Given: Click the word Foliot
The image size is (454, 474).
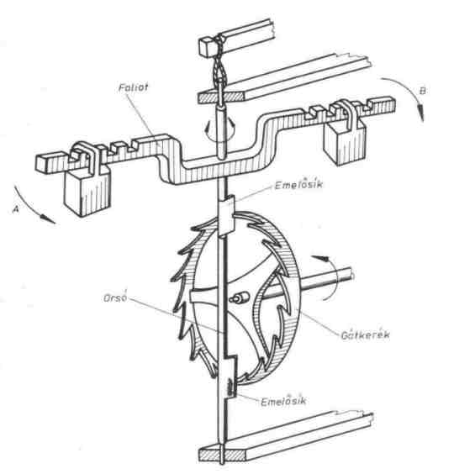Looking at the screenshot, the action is pyautogui.click(x=133, y=87).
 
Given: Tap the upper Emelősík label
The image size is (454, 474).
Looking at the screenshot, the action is pyautogui.click(x=298, y=184).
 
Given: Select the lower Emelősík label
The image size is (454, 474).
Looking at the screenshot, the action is pyautogui.click(x=283, y=401).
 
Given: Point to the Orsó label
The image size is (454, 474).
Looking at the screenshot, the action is pyautogui.click(x=115, y=298).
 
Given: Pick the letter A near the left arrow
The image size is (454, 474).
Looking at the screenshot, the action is pyautogui.click(x=16, y=208).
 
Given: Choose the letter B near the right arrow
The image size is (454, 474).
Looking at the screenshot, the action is pyautogui.click(x=423, y=91).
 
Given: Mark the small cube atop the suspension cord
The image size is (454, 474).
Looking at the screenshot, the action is pyautogui.click(x=209, y=47).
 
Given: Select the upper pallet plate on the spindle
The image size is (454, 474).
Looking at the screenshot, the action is pyautogui.click(x=226, y=215).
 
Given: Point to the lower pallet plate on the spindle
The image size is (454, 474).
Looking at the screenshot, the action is pyautogui.click(x=230, y=378).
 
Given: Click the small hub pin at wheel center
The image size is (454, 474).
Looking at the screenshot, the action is pyautogui.click(x=239, y=298).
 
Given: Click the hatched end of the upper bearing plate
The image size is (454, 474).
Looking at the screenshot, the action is pyautogui.click(x=222, y=97).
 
